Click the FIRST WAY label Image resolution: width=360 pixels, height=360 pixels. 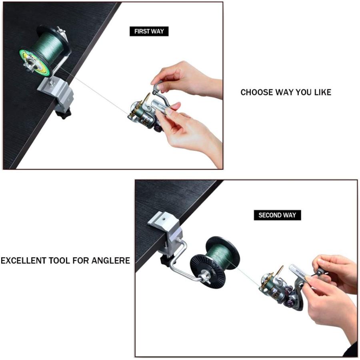point(149,32)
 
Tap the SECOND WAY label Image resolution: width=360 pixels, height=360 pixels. point(277,215)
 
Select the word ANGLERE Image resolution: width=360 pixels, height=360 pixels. point(111,260)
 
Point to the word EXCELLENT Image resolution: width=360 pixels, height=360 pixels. point(24,260)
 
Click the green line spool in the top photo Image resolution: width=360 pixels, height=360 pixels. point(45,51)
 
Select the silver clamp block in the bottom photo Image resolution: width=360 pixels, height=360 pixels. point(166,233)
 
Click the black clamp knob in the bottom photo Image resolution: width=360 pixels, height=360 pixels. point(166,262)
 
